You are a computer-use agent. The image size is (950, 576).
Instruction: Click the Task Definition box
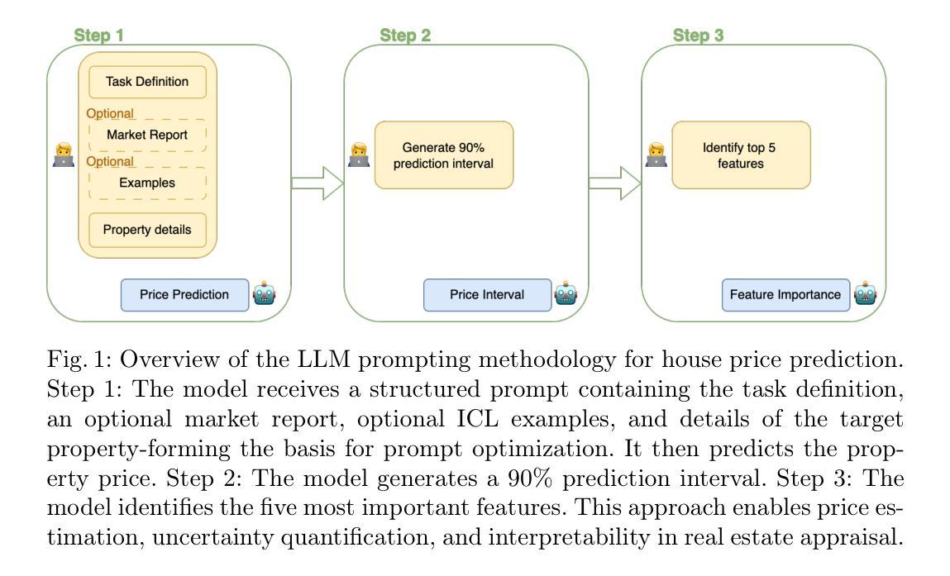coord(147,82)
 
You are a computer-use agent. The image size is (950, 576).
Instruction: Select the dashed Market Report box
coord(147,135)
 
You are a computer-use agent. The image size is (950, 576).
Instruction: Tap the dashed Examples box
coord(147,183)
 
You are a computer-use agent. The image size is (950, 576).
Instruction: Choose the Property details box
coord(147,231)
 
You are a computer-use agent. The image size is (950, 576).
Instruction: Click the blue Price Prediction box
coord(184,295)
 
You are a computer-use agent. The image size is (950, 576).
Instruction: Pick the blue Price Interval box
coord(487,295)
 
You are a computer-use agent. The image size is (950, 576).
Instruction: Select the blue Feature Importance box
coord(785,295)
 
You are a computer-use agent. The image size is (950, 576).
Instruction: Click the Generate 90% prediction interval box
coord(444,155)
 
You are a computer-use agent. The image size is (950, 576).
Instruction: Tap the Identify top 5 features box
coord(741,155)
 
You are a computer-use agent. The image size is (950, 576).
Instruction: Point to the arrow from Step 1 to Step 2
coord(317,183)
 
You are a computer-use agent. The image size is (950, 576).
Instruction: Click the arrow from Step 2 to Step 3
coord(615,183)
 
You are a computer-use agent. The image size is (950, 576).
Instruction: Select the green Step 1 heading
coord(98,36)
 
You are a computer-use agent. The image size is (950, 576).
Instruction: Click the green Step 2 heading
coord(405,36)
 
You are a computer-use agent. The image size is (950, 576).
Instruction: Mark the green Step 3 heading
coord(698,36)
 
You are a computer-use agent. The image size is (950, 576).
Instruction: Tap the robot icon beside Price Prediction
coord(264,293)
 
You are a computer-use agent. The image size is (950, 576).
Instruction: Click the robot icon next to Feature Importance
coord(865,293)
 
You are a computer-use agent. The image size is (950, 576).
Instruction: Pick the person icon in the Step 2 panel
coord(360,155)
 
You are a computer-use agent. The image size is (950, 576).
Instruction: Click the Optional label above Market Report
coord(110,114)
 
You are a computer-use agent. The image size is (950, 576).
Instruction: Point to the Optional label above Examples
coord(110,162)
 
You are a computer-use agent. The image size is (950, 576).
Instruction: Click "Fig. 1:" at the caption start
coord(79,359)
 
